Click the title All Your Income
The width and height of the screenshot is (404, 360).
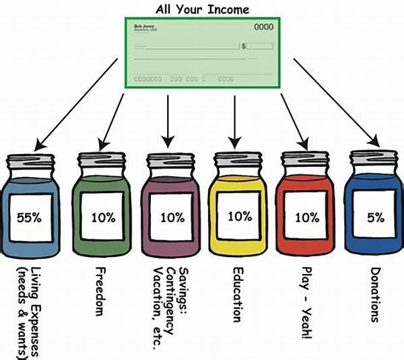pyautogui.click(x=201, y=9)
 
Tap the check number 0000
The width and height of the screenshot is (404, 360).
pyautogui.click(x=264, y=28)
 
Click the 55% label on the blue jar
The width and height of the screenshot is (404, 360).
pyautogui.click(x=31, y=217)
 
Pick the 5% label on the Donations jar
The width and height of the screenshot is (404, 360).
pyautogui.click(x=376, y=217)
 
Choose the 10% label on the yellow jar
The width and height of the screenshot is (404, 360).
pyautogui.click(x=240, y=217)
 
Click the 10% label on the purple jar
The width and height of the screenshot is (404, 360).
pyautogui.click(x=172, y=217)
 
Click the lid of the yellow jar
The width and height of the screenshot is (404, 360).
pyautogui.click(x=235, y=161)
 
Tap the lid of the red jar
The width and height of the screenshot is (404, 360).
pyautogui.click(x=305, y=161)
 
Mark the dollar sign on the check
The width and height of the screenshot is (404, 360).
pyautogui.click(x=244, y=46)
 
